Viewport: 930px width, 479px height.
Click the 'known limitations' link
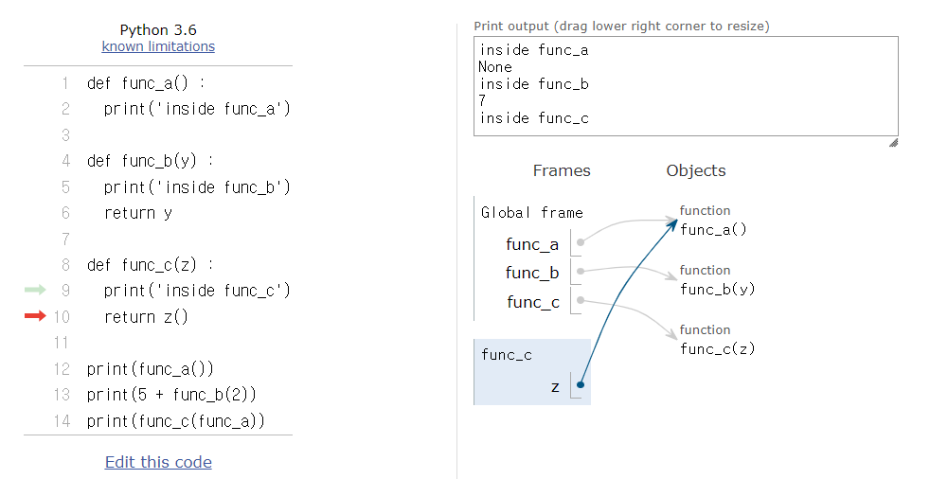tap(158, 46)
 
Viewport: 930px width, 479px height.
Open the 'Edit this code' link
tap(158, 462)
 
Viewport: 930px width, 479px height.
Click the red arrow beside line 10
tap(35, 316)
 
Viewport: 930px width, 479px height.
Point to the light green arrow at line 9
tap(35, 291)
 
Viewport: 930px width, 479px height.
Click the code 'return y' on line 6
tap(137, 213)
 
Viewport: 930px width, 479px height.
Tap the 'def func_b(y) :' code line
tap(150, 161)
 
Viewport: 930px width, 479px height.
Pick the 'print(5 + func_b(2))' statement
tap(171, 394)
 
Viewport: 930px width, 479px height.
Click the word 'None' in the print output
tap(495, 67)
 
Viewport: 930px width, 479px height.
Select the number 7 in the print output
tap(483, 101)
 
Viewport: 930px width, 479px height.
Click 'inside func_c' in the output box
tap(534, 118)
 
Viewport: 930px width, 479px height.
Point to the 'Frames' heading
tap(562, 171)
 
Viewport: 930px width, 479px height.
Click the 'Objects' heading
tap(696, 171)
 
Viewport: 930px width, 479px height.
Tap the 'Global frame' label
tap(531, 213)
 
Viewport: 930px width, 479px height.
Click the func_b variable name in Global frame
tap(532, 274)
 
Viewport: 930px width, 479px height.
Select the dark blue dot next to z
tap(580, 384)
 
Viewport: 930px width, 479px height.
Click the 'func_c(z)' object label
tap(717, 348)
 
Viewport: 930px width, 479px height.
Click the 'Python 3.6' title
tap(158, 30)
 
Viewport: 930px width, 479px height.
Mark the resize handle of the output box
tap(892, 143)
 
